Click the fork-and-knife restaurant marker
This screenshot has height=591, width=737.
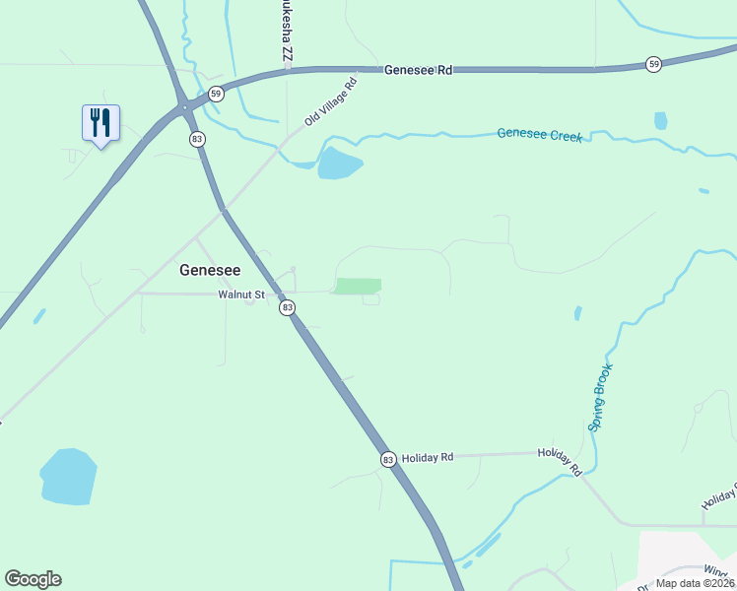tap(100, 123)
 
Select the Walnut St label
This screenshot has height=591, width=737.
tap(241, 294)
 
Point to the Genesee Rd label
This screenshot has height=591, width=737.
tap(418, 70)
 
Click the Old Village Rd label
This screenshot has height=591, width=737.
tap(329, 102)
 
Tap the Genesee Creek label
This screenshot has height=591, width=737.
tap(539, 134)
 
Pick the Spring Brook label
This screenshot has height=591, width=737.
tap(601, 398)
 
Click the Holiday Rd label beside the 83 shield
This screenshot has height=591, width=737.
tap(427, 457)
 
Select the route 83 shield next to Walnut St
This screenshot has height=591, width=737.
tap(287, 307)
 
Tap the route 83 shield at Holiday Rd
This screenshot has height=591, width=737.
tap(387, 459)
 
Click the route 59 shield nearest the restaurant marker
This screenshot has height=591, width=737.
tap(217, 94)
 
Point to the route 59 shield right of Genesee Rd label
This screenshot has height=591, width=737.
tap(654, 64)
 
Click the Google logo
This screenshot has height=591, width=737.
tap(33, 579)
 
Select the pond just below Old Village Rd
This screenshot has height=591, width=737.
tap(339, 164)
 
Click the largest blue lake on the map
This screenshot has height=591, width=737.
tap(68, 477)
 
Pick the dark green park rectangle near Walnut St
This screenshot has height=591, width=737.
tap(358, 286)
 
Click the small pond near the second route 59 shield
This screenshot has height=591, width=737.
tap(660, 121)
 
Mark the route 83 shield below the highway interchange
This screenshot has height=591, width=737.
tap(198, 140)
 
